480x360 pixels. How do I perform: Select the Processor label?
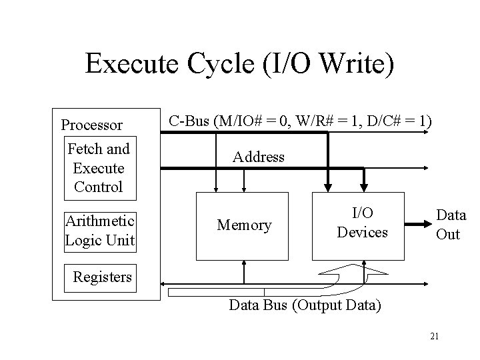tap(91, 125)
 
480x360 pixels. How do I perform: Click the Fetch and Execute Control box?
tap(99, 168)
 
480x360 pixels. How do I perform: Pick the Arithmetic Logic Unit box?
tap(99, 230)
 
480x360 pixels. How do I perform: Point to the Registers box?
tap(102, 277)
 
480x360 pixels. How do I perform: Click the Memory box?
tap(244, 226)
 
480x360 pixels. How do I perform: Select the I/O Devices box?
tap(362, 223)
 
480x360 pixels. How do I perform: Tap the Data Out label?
tap(451, 224)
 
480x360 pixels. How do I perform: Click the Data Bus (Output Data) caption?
tap(305, 306)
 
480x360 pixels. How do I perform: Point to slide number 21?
tap(434, 337)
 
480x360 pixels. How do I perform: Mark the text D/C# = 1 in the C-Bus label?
tap(393, 121)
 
